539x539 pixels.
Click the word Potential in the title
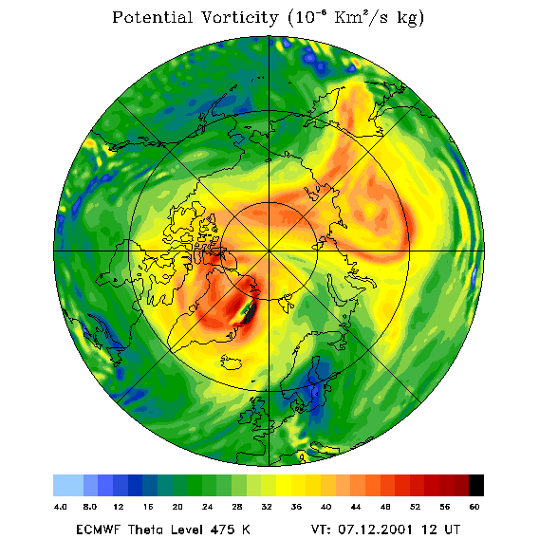pos(152,17)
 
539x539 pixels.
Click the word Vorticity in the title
pos(239,17)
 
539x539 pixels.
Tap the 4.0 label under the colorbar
pos(60,507)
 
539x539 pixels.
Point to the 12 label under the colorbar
pos(119,507)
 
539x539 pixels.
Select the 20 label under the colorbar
pos(177,507)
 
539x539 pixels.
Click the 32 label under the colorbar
pos(267,507)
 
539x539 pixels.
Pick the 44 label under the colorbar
pos(356,507)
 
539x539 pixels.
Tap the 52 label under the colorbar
pos(415,507)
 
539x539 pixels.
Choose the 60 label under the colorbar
pos(474,507)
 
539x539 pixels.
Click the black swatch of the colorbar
pos(476,485)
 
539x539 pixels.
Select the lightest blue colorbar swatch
pos(68,485)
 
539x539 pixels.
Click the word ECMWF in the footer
pos(98,530)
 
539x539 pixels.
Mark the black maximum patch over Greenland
pos(250,312)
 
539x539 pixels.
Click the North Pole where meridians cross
pos(269,251)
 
